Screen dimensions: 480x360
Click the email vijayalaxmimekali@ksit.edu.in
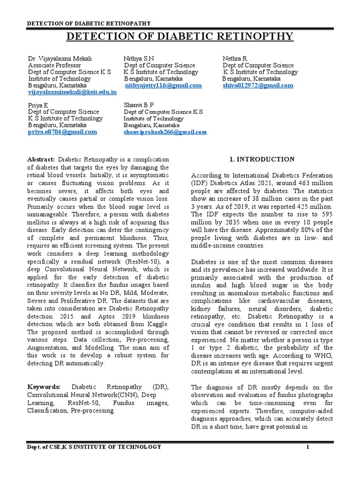[x=72, y=93]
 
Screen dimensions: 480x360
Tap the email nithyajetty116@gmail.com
[x=163, y=86]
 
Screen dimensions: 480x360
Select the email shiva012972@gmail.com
[x=258, y=86]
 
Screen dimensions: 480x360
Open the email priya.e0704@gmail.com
[x=62, y=132]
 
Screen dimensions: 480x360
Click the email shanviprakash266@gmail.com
[x=165, y=132]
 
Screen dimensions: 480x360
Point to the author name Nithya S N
[x=138, y=58]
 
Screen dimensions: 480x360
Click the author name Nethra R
[x=234, y=58]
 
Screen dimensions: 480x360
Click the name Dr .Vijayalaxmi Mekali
[x=60, y=58]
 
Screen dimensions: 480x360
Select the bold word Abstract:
[x=42, y=160]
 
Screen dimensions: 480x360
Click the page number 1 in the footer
[x=308, y=447]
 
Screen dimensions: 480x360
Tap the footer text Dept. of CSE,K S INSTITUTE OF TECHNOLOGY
[x=94, y=447]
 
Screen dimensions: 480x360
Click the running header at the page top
[x=89, y=23]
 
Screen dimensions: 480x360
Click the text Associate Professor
[x=54, y=65]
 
